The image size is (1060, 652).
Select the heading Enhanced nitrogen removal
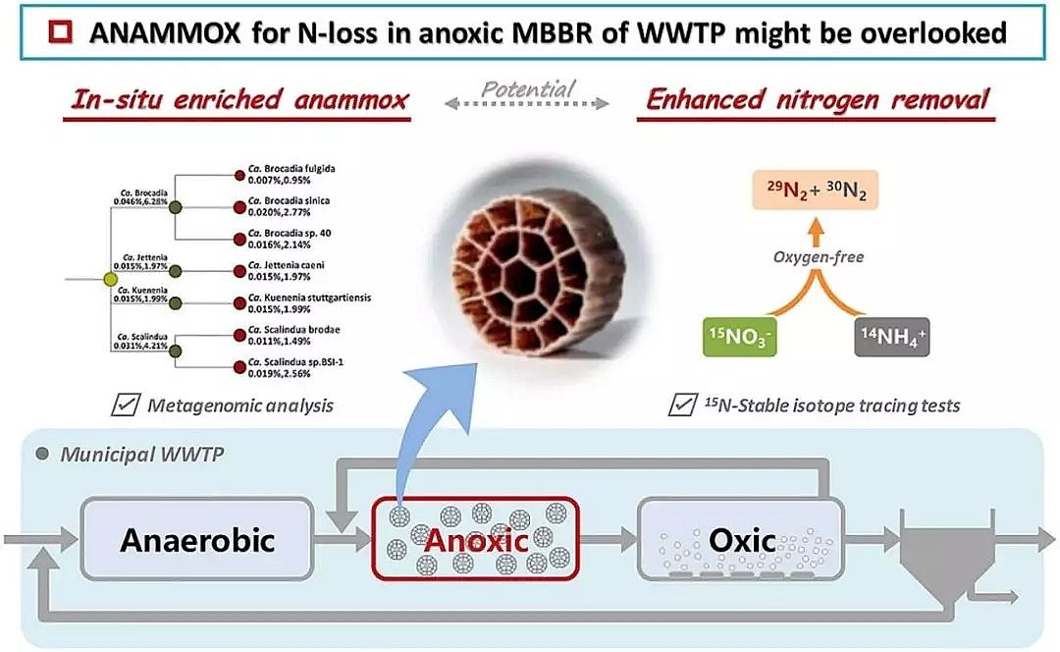[816, 100]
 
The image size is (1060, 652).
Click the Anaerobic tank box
[197, 539]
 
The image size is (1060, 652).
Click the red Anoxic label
[476, 539]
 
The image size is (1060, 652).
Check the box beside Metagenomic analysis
[125, 405]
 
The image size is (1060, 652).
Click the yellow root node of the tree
[110, 281]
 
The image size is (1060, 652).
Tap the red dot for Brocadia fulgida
[238, 175]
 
